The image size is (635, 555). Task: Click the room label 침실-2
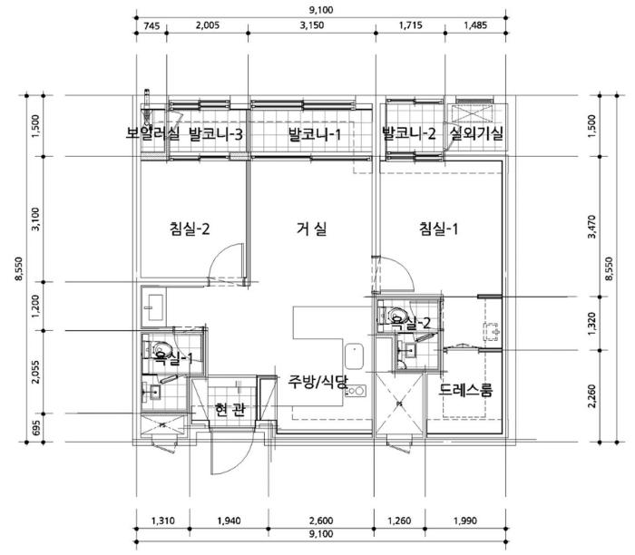tap(190, 229)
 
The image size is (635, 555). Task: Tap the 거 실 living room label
tap(311, 229)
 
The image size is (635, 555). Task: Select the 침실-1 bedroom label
tap(438, 229)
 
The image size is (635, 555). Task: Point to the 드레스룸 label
tap(465, 390)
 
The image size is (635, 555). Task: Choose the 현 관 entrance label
tap(230, 410)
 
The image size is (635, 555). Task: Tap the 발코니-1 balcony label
tap(315, 134)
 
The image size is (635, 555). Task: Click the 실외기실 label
tap(476, 133)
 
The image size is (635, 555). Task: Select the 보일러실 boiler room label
tap(151, 133)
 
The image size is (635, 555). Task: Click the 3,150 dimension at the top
tap(312, 25)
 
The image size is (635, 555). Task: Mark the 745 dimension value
tap(151, 26)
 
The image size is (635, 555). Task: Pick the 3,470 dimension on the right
tap(591, 227)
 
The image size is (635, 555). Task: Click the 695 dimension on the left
tap(36, 428)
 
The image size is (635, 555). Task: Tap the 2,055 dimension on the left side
tap(36, 372)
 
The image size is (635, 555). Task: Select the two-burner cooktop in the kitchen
tap(356, 391)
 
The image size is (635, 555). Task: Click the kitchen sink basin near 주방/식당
tap(355, 356)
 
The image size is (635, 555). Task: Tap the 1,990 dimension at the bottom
tap(464, 521)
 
